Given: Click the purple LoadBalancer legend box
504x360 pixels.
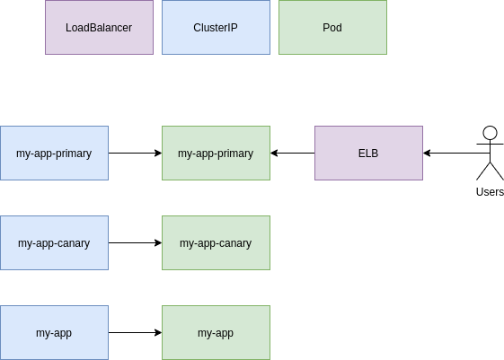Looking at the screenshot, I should [x=99, y=27].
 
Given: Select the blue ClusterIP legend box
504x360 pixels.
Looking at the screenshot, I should [x=216, y=27].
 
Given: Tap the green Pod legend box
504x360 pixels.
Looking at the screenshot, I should [x=332, y=27].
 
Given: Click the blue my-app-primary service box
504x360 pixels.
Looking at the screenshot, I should [x=54, y=153].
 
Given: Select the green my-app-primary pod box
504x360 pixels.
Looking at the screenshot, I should [x=216, y=153].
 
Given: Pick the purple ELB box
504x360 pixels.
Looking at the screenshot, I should [x=368, y=153].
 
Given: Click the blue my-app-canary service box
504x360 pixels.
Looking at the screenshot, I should [x=54, y=242].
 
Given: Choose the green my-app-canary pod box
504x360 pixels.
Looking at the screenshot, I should [x=216, y=242].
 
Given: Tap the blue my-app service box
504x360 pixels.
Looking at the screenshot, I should [x=54, y=332].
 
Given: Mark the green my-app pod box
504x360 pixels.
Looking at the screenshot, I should [x=216, y=332].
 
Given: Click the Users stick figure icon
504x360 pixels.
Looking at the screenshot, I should [x=490, y=154].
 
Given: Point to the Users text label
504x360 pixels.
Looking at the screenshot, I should [x=490, y=191].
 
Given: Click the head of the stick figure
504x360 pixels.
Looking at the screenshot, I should [x=490, y=133].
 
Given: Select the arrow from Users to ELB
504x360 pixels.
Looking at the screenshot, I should [x=454, y=153].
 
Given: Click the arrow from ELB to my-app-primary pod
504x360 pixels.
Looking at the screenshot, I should [x=292, y=153].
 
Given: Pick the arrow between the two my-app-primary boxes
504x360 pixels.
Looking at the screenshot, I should [x=135, y=153].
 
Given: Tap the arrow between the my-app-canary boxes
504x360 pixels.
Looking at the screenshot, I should [x=135, y=242].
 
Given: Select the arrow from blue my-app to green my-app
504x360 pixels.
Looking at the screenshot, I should [x=135, y=332].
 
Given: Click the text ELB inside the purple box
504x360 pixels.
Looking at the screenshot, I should [x=368, y=154].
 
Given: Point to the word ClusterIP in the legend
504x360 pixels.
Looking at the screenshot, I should [x=216, y=28].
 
